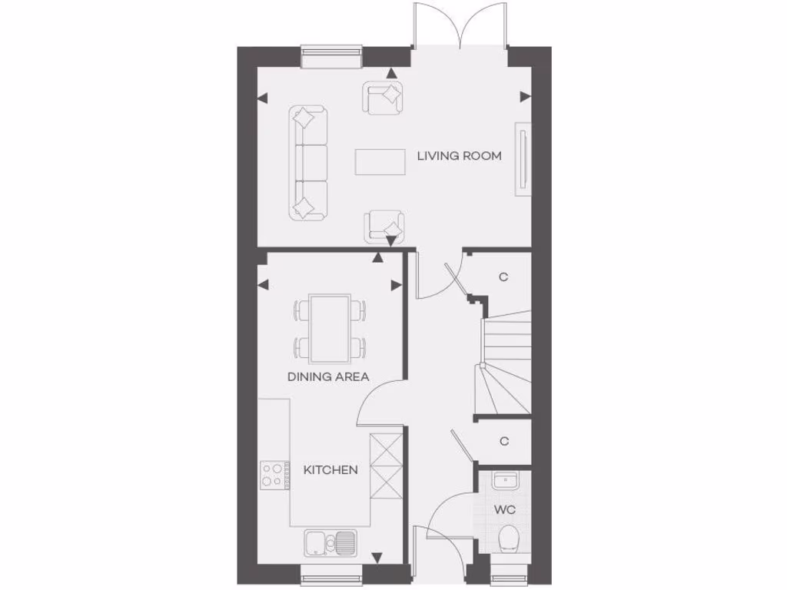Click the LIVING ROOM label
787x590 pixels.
(459, 156)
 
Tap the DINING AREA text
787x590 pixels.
(328, 376)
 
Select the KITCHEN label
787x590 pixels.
(330, 469)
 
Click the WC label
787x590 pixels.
(504, 510)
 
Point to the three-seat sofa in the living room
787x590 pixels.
(308, 164)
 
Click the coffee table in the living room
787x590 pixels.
(380, 161)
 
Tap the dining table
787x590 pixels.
(330, 327)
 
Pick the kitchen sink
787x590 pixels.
(330, 542)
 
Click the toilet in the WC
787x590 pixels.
(508, 539)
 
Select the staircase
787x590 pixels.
(505, 361)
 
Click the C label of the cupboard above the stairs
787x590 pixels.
(503, 277)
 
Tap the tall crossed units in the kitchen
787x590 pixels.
(385, 466)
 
